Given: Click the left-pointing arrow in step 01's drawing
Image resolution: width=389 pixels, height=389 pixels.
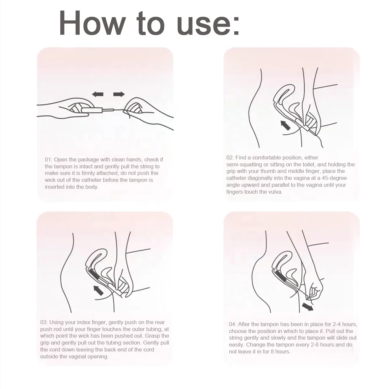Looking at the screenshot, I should [97, 95].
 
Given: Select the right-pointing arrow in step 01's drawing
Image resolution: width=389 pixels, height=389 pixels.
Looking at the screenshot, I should [119, 95].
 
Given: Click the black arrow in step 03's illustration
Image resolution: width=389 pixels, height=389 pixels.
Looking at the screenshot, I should [98, 290].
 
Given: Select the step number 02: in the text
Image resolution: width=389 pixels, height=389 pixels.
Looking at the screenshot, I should [230, 157].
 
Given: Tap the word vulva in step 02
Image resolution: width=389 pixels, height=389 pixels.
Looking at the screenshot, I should [274, 192].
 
